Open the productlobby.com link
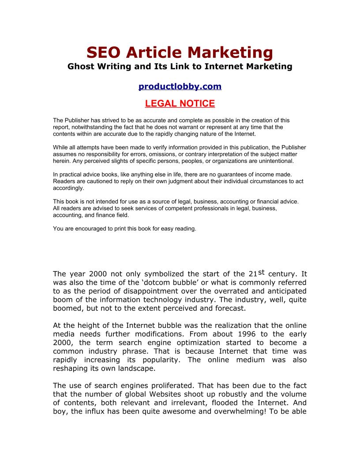click(x=180, y=86)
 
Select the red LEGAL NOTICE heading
click(x=180, y=104)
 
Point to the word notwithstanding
click(x=91, y=127)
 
